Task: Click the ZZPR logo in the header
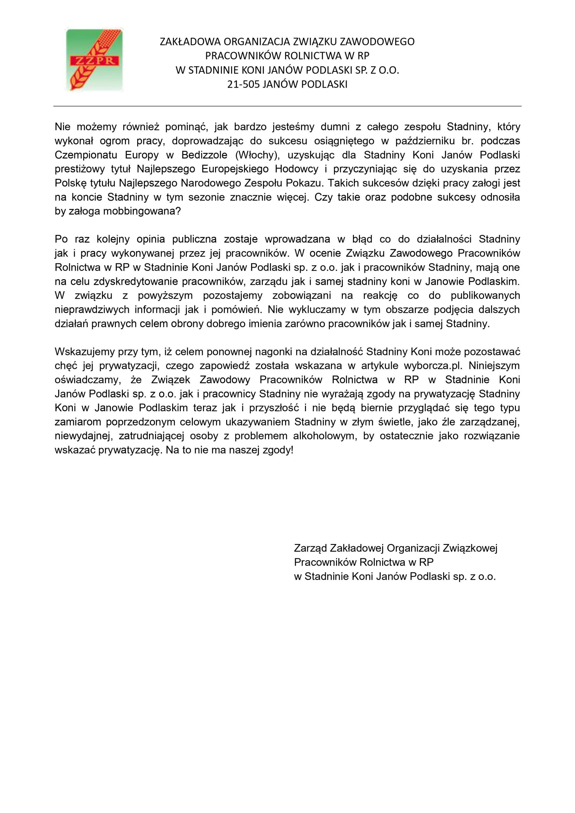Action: tap(94, 60)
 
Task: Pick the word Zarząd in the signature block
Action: tap(310, 548)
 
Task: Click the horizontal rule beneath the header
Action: tap(287, 106)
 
